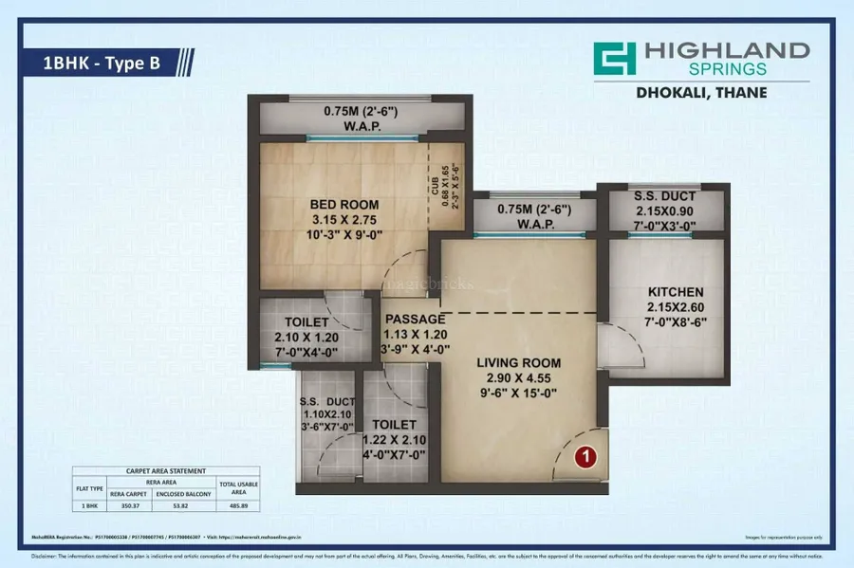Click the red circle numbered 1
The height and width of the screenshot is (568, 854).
(586, 458)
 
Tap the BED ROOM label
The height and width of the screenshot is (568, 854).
(344, 204)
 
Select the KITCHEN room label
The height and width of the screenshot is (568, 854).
(676, 291)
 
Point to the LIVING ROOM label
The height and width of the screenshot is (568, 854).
(519, 362)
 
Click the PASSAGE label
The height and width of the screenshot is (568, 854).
(414, 319)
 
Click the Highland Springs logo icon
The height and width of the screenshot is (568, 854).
(614, 60)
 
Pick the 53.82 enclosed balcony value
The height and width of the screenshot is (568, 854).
(183, 506)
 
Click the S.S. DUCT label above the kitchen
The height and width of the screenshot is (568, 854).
(665, 196)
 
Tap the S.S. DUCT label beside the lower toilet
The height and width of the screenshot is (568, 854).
(326, 402)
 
